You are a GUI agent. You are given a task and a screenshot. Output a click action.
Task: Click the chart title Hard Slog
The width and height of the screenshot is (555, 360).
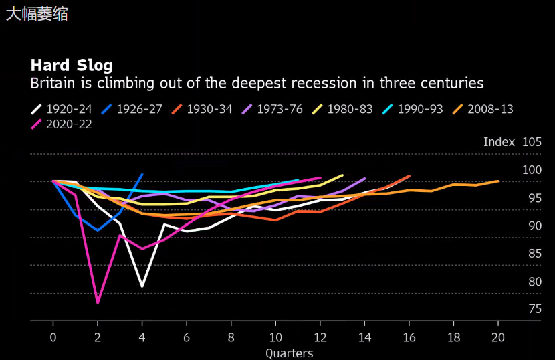point(72,65)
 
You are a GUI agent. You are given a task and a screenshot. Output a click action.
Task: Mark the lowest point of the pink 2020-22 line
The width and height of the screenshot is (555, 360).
point(98,302)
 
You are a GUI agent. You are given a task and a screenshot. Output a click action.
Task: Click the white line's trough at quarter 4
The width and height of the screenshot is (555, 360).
point(142,286)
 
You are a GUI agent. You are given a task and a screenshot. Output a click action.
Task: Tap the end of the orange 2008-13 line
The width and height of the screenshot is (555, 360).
point(498,181)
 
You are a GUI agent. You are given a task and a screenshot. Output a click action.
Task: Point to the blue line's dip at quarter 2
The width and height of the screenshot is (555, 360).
point(98,230)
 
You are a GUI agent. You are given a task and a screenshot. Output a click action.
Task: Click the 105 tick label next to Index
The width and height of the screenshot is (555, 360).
point(532,142)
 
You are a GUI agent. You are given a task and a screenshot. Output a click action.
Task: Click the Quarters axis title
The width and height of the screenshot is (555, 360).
point(289,353)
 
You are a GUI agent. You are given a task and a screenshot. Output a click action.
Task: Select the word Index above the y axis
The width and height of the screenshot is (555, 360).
point(499,142)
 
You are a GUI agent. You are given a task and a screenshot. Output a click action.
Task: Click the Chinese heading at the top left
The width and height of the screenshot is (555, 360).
point(37,13)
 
